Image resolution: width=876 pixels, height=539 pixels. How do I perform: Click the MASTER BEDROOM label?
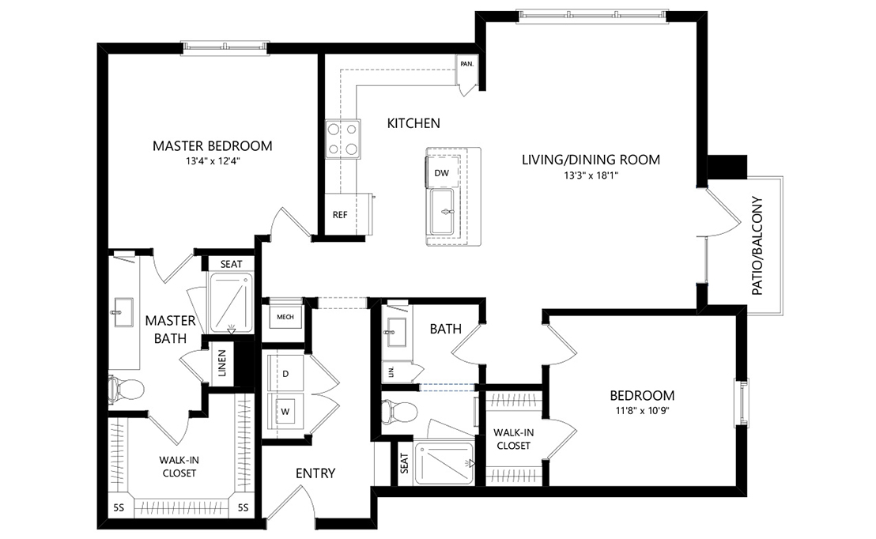pos(212,146)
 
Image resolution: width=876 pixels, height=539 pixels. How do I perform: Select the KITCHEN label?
pos(413,123)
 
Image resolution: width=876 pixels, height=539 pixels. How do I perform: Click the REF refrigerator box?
pos(340,214)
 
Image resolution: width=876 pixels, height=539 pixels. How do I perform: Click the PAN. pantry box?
pos(466,65)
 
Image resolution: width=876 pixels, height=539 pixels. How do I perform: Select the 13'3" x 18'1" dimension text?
pos(591,175)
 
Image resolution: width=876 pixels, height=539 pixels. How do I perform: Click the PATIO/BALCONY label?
pos(757,245)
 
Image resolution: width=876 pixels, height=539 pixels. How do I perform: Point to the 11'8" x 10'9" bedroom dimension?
pos(641,411)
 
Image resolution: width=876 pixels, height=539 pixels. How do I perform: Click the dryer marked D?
pos(285,373)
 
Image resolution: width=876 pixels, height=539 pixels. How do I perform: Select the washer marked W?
pos(285,411)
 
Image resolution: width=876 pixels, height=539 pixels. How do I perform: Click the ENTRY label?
pos(315,473)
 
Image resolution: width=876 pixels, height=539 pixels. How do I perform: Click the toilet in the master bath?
pos(126,388)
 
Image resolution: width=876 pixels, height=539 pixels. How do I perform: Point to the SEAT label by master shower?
pos(231,264)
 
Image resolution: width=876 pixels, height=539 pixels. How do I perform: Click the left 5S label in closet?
pos(118,507)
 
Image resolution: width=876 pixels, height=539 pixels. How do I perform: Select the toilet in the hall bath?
pos(400,411)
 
